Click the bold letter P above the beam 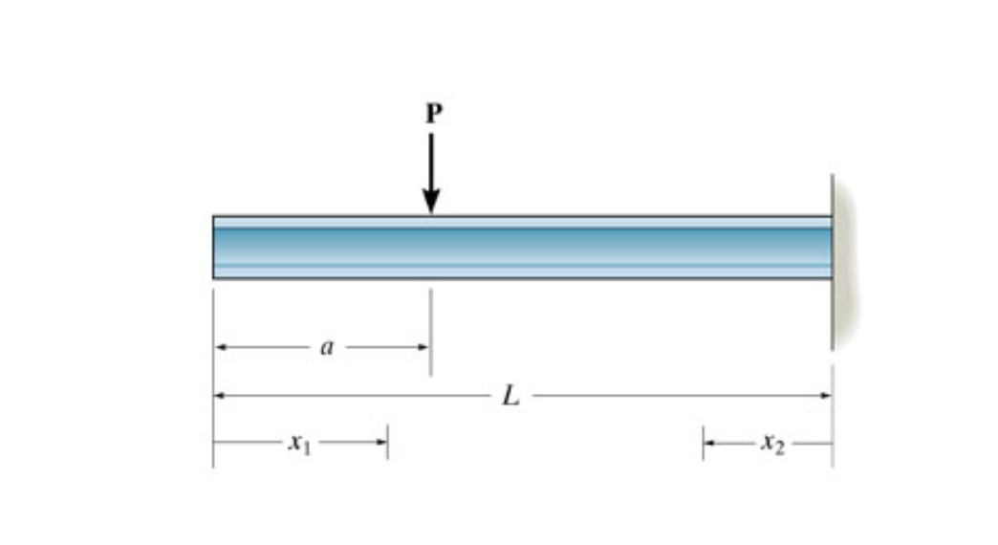[433, 115]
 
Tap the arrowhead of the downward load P [431, 202]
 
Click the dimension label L [511, 396]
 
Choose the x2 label [773, 443]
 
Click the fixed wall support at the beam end [844, 263]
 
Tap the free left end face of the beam [214, 247]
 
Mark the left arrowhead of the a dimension [220, 348]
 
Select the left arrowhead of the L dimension [220, 395]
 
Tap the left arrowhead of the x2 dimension [709, 443]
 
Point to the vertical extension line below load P [430, 330]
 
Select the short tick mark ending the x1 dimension [387, 443]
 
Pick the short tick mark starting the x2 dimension [703, 443]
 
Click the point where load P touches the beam [431, 215]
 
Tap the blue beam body [574, 247]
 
